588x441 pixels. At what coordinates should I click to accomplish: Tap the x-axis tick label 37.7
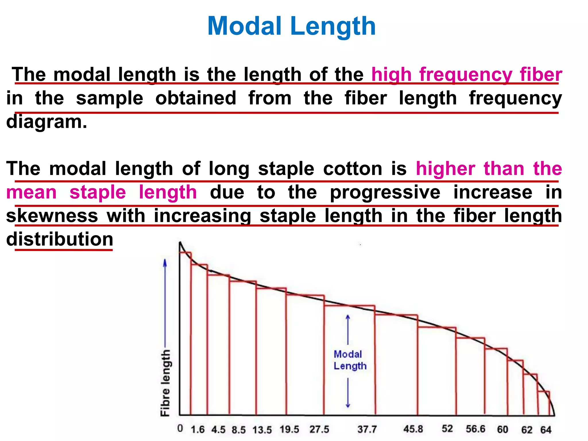click(367, 430)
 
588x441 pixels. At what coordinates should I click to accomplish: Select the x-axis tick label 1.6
click(198, 430)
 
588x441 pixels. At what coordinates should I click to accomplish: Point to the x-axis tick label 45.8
click(413, 429)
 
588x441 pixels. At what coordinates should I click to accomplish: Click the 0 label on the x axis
click(180, 428)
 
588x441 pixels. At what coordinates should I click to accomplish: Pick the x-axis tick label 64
click(546, 430)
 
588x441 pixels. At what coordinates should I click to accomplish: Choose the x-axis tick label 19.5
click(289, 430)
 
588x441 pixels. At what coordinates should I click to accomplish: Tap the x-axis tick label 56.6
click(475, 429)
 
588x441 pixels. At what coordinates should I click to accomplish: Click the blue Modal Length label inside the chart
click(350, 360)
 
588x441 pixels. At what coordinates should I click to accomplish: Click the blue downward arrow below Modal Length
click(348, 393)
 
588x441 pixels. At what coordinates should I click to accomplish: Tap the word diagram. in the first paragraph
click(47, 122)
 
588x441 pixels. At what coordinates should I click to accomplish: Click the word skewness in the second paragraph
click(52, 216)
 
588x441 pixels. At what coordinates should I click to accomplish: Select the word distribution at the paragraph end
click(60, 239)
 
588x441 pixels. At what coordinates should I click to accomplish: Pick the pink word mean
click(31, 192)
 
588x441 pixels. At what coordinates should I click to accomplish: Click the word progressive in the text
click(385, 192)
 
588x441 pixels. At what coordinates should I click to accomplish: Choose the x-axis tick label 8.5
click(239, 430)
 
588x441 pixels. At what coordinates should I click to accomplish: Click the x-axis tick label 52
click(447, 429)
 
